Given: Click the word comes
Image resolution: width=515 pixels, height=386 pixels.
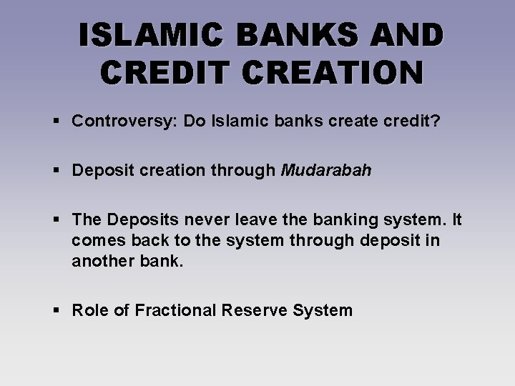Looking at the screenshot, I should click(x=96, y=242).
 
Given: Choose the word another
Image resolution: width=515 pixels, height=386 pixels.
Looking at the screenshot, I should click(x=101, y=262).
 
